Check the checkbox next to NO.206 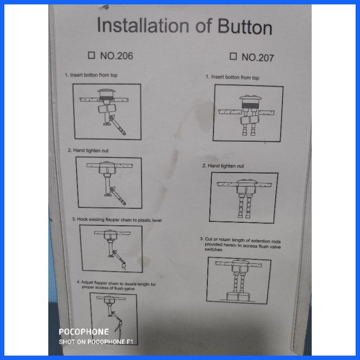91,55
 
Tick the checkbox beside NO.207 233,56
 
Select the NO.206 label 116,56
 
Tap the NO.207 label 257,57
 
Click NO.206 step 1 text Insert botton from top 91,75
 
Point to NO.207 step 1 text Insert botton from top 233,77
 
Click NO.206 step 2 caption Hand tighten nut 88,151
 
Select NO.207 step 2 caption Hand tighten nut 223,166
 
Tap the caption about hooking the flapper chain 117,220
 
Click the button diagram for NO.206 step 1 107,112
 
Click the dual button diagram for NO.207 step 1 248,113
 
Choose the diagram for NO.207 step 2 244,197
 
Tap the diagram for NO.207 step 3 239,280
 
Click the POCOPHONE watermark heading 83,332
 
